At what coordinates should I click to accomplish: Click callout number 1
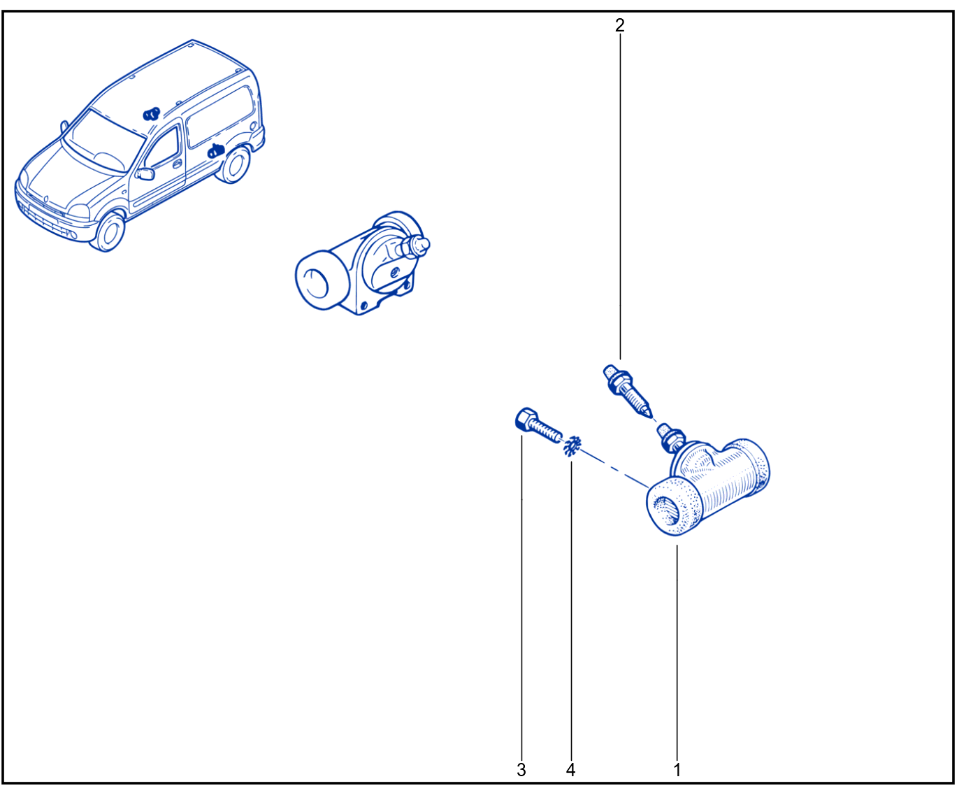pos(677,770)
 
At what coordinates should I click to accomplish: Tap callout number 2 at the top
pos(619,25)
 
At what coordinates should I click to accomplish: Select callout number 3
pos(521,770)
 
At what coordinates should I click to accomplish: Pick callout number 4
pos(570,770)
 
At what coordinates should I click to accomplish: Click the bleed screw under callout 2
pos(628,391)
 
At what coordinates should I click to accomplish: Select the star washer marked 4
pos(572,446)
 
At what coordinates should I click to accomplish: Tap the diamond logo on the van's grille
pos(46,199)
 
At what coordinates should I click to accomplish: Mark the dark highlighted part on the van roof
pos(151,113)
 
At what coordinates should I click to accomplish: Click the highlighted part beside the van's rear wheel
pos(215,151)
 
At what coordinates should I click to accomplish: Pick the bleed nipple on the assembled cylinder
pos(414,248)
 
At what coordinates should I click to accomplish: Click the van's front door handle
pos(178,164)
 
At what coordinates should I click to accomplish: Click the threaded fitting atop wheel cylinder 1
pos(670,438)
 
